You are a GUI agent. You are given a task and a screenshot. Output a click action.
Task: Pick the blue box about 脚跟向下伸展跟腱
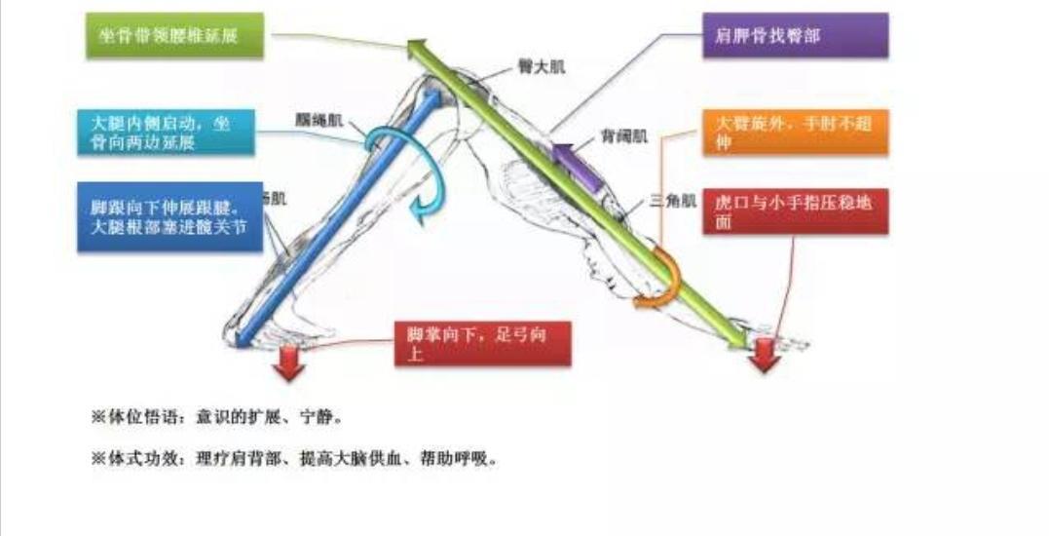[x=170, y=216]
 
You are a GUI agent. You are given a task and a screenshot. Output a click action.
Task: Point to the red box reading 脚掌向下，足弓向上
[x=482, y=344]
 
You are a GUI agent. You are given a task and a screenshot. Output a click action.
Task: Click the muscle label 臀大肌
[x=542, y=68]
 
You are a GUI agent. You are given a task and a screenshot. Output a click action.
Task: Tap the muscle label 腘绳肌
[x=318, y=121]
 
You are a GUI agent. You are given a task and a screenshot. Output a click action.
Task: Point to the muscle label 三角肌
[x=674, y=203]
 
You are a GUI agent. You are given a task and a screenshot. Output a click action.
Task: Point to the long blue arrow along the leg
[x=331, y=224]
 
